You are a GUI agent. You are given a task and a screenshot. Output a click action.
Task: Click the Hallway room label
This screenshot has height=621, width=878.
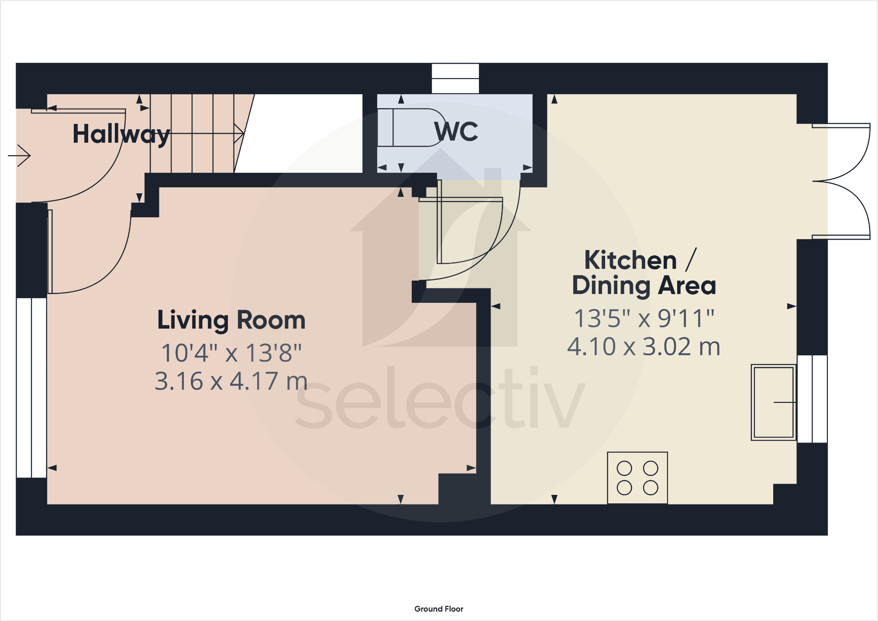[x=121, y=134]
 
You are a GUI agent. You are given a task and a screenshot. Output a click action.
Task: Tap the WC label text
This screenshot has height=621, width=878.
[x=456, y=131]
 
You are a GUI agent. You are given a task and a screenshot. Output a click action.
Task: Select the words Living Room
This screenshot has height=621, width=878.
[x=231, y=320]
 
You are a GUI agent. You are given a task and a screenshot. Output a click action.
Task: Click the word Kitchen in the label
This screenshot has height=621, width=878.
[x=630, y=261]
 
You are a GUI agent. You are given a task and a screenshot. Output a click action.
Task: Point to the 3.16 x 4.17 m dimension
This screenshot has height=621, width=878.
[x=231, y=381]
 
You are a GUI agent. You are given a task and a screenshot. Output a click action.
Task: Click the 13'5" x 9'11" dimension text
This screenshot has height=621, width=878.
[x=644, y=318]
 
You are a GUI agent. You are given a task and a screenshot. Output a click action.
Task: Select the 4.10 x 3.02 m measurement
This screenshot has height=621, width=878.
[x=644, y=347]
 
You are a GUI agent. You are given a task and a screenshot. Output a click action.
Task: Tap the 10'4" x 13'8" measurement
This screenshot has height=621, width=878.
[x=231, y=353]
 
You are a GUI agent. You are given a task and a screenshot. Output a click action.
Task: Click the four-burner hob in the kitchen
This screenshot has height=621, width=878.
[x=637, y=478]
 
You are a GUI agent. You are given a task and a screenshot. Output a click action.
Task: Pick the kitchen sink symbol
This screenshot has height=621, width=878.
[x=773, y=402]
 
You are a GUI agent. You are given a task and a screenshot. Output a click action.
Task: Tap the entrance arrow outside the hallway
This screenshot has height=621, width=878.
[x=20, y=155]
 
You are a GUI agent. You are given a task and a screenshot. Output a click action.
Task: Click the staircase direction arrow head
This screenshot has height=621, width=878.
[x=239, y=133]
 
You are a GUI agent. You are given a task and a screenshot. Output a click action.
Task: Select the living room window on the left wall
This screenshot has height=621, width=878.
[x=31, y=388]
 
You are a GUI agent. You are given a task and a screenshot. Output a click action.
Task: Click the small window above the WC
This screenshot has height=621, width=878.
[x=455, y=79]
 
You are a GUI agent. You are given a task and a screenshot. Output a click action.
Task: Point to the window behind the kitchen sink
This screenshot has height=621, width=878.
[x=812, y=399]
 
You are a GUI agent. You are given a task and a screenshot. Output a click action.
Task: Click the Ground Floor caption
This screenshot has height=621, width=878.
[x=438, y=609]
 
